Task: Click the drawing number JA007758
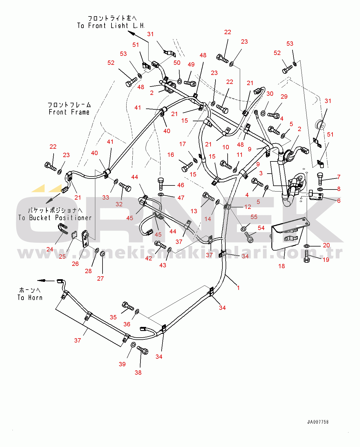tap(318, 422)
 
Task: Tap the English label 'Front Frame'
tap(69, 112)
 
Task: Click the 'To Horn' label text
tap(30, 298)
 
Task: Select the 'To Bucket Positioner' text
tap(55, 218)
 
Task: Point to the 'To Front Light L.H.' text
tap(111, 25)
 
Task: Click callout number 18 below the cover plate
tap(282, 266)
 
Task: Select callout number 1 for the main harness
tap(238, 288)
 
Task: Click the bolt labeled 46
tap(160, 184)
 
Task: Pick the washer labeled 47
tap(161, 194)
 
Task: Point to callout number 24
tap(50, 249)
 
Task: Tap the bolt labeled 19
tap(306, 257)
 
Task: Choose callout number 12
tap(248, 207)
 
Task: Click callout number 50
tap(177, 63)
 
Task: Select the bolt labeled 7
tap(320, 179)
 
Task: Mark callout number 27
tap(100, 279)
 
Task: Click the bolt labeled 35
tap(128, 306)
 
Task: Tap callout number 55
tap(254, 217)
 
